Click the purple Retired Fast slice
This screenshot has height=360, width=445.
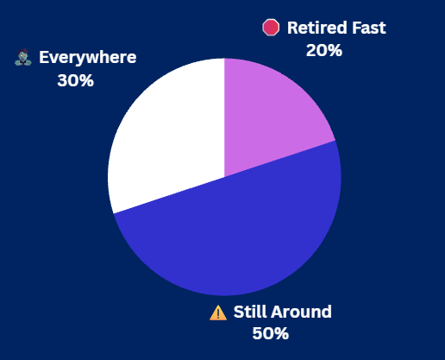(272, 112)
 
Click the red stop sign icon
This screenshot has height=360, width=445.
(272, 28)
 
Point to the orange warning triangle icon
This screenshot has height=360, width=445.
(218, 313)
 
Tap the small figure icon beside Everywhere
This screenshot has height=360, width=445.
(22, 59)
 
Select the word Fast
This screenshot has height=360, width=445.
(367, 28)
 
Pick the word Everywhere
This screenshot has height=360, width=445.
(87, 59)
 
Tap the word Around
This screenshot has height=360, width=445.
(302, 312)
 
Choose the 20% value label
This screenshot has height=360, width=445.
(323, 50)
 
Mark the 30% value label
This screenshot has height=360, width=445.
(75, 81)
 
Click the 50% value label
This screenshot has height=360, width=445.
(270, 333)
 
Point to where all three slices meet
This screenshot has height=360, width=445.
(224, 177)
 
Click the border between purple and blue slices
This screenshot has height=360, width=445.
(280, 159)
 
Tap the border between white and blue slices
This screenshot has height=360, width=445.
(168, 195)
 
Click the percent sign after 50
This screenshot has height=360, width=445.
(280, 333)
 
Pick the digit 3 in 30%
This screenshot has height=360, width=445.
(63, 81)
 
